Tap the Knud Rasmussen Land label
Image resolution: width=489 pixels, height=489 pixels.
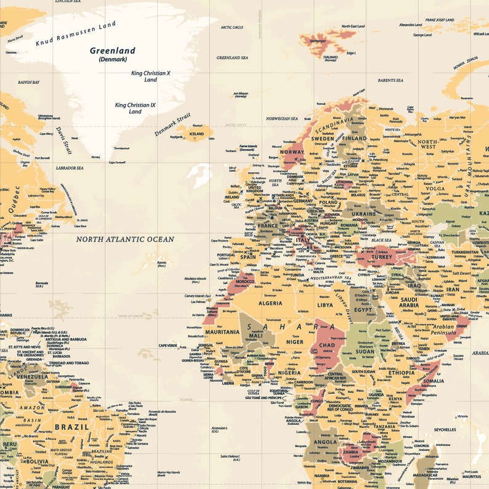(x=75, y=33)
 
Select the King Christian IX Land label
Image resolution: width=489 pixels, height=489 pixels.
(x=135, y=108)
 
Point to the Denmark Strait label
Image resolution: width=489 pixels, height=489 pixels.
(x=173, y=124)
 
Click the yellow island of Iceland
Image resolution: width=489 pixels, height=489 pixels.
(x=197, y=133)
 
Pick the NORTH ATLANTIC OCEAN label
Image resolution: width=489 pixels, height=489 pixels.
(x=125, y=239)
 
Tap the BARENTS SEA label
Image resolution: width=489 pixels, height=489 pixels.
(x=390, y=80)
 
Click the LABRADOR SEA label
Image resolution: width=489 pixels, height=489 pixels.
(x=69, y=168)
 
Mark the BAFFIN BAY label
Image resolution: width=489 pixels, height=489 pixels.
(x=28, y=82)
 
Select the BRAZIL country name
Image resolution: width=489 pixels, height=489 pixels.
(x=71, y=426)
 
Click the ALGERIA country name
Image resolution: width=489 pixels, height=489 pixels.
(x=269, y=303)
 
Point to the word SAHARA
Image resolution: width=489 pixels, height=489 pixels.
(x=291, y=327)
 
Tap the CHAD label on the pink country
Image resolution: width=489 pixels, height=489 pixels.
(x=326, y=346)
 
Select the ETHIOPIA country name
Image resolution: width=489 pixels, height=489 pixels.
(x=402, y=373)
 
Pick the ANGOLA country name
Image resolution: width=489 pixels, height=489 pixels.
(x=325, y=442)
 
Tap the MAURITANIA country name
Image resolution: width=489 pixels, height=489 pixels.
(x=222, y=332)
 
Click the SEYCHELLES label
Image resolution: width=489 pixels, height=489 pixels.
(x=445, y=429)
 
